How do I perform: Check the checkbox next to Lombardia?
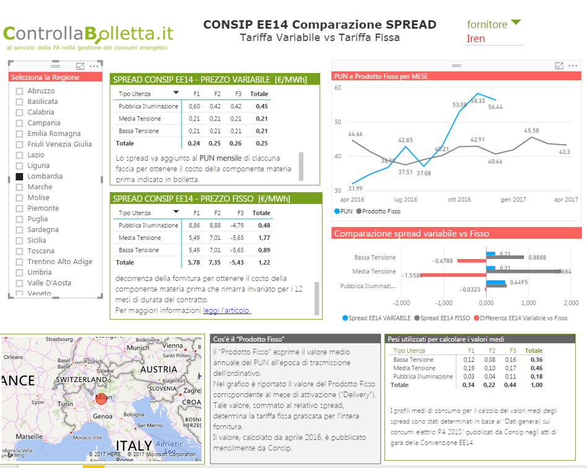tap(20, 176)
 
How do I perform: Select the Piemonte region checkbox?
tap(20, 208)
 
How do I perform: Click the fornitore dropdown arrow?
tap(516, 23)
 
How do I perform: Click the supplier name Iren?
tap(476, 38)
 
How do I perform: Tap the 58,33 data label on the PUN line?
tap(477, 100)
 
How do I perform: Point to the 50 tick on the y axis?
tap(338, 122)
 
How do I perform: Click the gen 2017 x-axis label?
tap(514, 200)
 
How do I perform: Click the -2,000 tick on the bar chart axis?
tap(401, 303)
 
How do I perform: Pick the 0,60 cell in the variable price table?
tap(194, 106)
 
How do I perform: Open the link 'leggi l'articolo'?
tap(227, 310)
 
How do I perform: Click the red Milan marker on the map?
tap(101, 399)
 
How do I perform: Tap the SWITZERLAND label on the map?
tap(83, 379)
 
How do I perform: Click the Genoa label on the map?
tap(102, 417)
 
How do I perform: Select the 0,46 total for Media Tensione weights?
tap(536, 368)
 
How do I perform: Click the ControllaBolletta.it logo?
tap(89, 33)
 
